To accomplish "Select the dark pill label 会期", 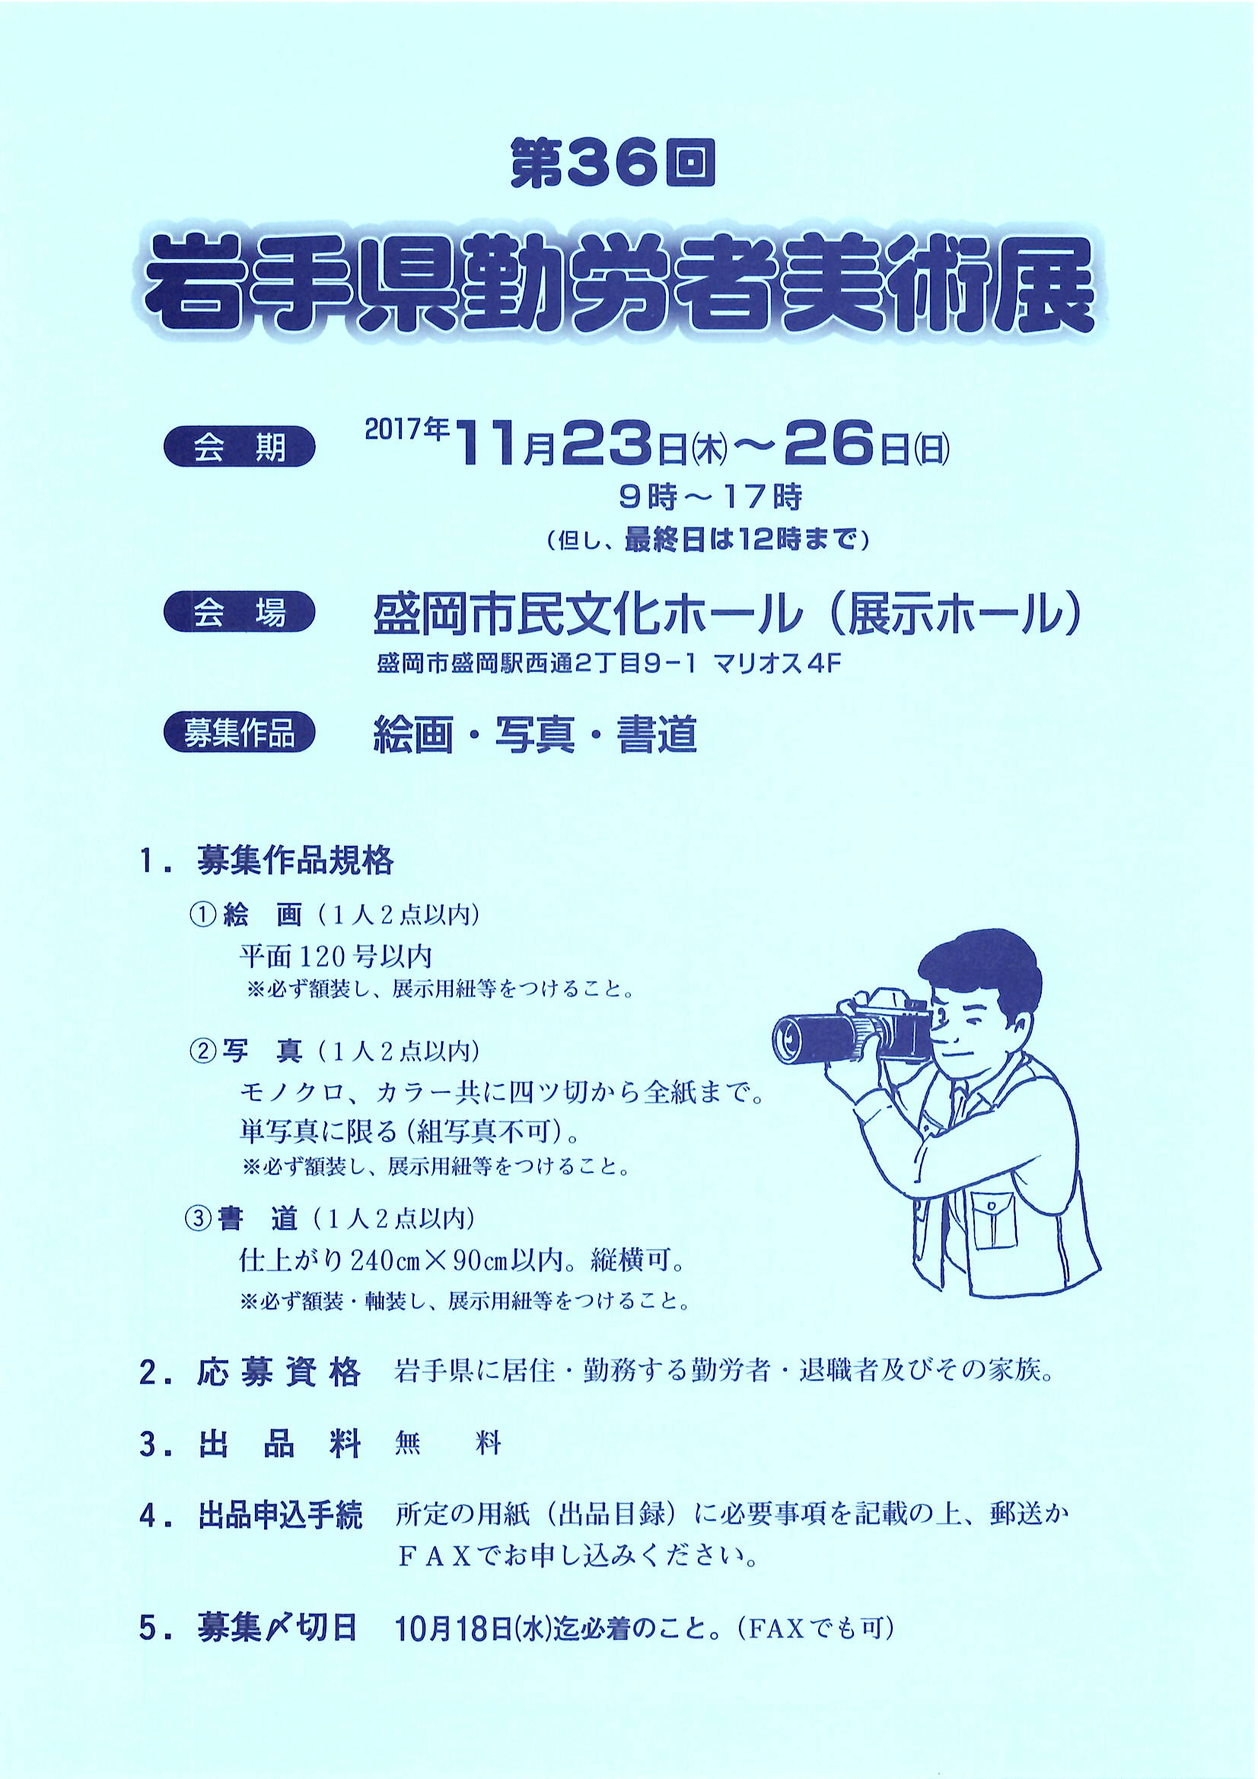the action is click(240, 449).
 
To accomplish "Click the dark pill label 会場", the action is click(240, 615).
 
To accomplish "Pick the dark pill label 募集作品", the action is click(240, 733).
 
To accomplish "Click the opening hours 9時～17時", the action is click(710, 498).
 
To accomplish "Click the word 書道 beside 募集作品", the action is click(658, 734).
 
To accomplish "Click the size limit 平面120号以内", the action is click(336, 956).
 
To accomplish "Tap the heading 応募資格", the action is click(280, 1372).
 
